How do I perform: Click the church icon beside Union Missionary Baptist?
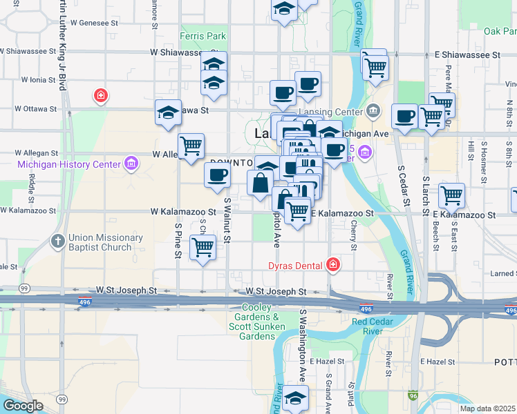tap(59, 242)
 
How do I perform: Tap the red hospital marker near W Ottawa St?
tap(101, 95)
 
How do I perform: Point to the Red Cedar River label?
tap(377, 326)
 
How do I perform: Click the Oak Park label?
tap(500, 31)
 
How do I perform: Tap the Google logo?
tap(23, 406)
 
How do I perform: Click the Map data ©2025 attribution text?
tap(487, 408)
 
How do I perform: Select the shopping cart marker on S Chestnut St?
tap(203, 246)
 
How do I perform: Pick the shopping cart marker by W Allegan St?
tap(191, 146)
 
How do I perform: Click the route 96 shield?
tap(413, 396)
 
